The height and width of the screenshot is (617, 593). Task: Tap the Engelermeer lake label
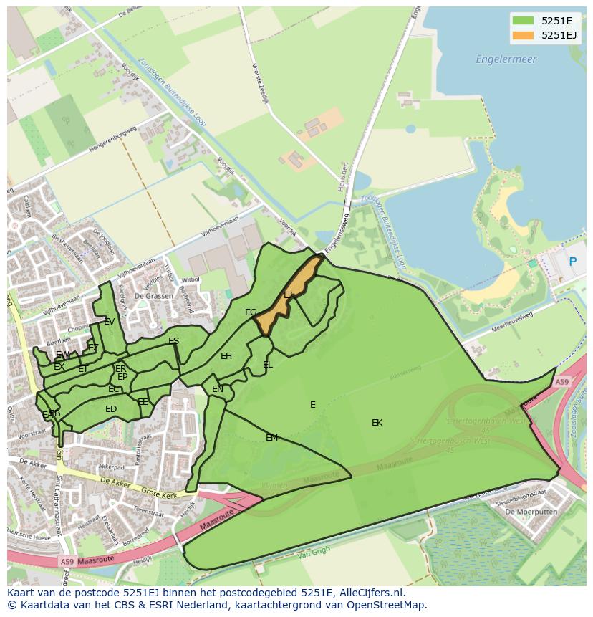point(506,59)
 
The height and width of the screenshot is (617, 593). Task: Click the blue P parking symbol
point(572,262)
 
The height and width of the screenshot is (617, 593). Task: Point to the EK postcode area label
point(377,423)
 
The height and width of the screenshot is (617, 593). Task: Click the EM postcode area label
point(271,438)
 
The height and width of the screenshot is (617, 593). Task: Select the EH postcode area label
point(226,356)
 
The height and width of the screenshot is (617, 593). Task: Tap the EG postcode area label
point(251,312)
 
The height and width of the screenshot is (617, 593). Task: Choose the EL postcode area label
point(268,365)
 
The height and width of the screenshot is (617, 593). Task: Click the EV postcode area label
point(109,322)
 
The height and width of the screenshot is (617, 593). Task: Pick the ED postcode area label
point(111,409)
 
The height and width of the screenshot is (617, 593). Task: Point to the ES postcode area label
point(173,341)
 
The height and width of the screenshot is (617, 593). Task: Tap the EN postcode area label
point(218,389)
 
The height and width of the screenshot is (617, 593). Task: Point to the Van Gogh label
point(312,554)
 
